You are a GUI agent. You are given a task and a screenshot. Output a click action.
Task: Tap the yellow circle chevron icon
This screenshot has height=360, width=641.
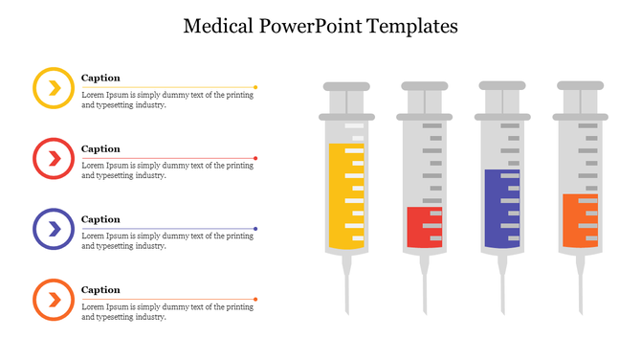point(54,88)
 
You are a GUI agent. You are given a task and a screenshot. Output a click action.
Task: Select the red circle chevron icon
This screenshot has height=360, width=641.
point(54,159)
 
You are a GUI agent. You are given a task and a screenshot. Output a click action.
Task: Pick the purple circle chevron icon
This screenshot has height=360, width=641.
point(54,229)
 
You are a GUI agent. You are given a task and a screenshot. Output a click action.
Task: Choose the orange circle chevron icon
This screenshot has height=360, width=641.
point(54,300)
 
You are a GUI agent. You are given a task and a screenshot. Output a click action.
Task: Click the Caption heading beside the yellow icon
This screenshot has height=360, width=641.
point(100,78)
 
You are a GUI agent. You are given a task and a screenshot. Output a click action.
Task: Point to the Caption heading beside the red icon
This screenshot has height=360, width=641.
point(100,148)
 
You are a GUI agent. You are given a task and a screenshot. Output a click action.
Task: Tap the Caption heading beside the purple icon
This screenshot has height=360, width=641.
point(100,219)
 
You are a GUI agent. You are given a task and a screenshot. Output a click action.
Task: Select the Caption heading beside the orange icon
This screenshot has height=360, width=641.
point(100,289)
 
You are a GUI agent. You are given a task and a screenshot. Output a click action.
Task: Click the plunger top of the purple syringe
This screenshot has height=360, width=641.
point(502,86)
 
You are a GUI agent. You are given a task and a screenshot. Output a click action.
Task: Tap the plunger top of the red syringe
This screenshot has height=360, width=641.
point(424,86)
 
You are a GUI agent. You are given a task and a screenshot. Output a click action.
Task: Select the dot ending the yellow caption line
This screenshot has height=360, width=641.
point(255,87)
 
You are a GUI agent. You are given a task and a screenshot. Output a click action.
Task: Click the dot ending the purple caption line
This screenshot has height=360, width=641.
point(255,229)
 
